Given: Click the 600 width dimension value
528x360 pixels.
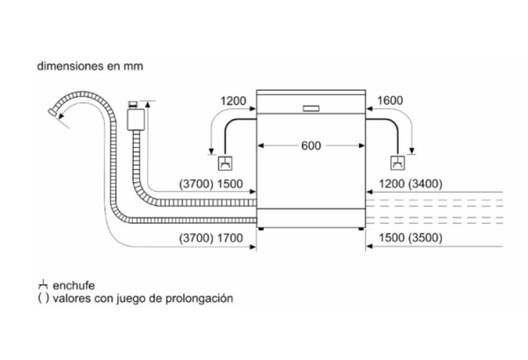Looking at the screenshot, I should [311, 146].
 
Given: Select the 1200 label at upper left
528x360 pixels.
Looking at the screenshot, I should [233, 101].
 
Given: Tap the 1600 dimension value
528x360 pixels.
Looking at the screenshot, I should [390, 101].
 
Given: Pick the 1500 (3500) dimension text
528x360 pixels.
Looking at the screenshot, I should [410, 238].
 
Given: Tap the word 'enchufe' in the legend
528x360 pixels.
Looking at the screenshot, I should [74, 286].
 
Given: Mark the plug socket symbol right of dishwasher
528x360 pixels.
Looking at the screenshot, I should [397, 163].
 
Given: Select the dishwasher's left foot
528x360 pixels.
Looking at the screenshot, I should [261, 228].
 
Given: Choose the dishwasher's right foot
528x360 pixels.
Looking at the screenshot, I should [361, 228].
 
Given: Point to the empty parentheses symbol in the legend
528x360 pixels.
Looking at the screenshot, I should [43, 298].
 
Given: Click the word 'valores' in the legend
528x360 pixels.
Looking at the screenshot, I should [71, 298].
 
